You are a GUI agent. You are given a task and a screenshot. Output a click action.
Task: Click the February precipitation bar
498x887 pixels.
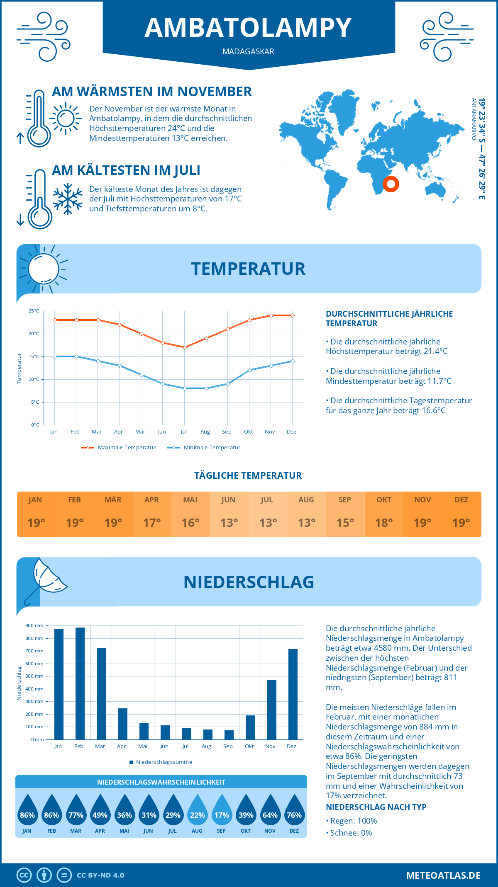tap(80, 683)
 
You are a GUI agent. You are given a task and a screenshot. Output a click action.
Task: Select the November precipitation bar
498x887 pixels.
tap(272, 710)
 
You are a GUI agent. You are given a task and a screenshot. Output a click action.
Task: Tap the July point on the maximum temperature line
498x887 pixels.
tap(185, 347)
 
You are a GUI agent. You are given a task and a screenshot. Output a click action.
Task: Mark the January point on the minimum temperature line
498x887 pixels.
tap(55, 356)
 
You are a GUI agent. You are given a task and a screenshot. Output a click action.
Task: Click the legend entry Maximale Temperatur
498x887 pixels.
tap(119, 448)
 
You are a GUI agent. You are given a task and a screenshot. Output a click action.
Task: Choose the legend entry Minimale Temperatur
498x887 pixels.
tap(204, 448)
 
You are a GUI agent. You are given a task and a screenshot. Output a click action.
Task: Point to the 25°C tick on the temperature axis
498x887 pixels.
tap(34, 311)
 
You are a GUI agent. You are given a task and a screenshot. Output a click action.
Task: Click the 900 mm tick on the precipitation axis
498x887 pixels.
tap(34, 625)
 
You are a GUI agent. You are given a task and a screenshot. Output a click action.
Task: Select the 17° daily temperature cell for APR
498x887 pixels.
tap(152, 523)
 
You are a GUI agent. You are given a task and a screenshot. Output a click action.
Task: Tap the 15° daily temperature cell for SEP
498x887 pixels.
tap(345, 523)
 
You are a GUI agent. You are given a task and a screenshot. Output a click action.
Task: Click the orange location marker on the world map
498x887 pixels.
tap(391, 184)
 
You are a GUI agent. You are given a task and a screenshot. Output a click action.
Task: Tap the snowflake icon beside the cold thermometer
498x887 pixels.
tap(68, 199)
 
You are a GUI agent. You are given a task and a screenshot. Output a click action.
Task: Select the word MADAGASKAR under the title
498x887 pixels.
tap(248, 52)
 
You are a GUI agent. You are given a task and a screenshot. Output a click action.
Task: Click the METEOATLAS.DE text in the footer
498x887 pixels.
tap(443, 875)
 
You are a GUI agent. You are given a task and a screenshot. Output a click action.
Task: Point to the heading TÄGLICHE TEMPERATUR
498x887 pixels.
tap(248, 476)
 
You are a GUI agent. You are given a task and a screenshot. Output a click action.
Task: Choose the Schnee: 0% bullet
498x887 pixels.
tap(349, 833)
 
